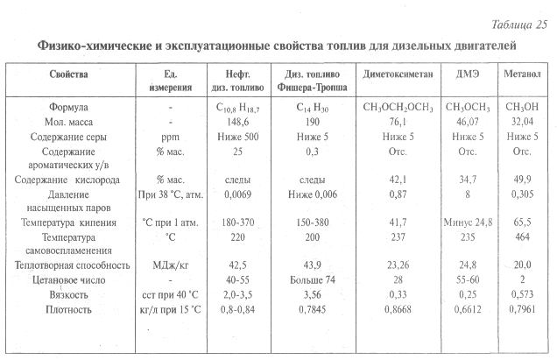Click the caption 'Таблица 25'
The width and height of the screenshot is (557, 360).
tap(516, 22)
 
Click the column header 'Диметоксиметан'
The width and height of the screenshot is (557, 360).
tap(399, 74)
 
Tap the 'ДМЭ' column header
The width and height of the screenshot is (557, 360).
tap(466, 74)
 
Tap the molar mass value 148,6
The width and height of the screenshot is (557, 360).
tap(233, 122)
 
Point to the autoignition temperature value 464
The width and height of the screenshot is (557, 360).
tap(523, 237)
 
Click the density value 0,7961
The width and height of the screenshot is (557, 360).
tap(523, 310)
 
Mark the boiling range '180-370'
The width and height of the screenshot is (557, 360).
tap(234, 222)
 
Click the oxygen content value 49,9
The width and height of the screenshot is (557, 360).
tap(523, 180)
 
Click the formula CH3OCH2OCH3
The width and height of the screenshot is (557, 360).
tap(399, 107)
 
